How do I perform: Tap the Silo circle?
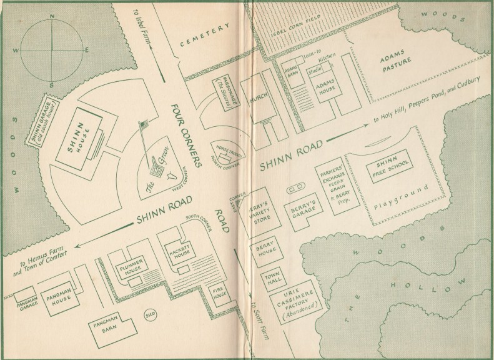(x=150, y=314)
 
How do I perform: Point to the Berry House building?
(x=263, y=250)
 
